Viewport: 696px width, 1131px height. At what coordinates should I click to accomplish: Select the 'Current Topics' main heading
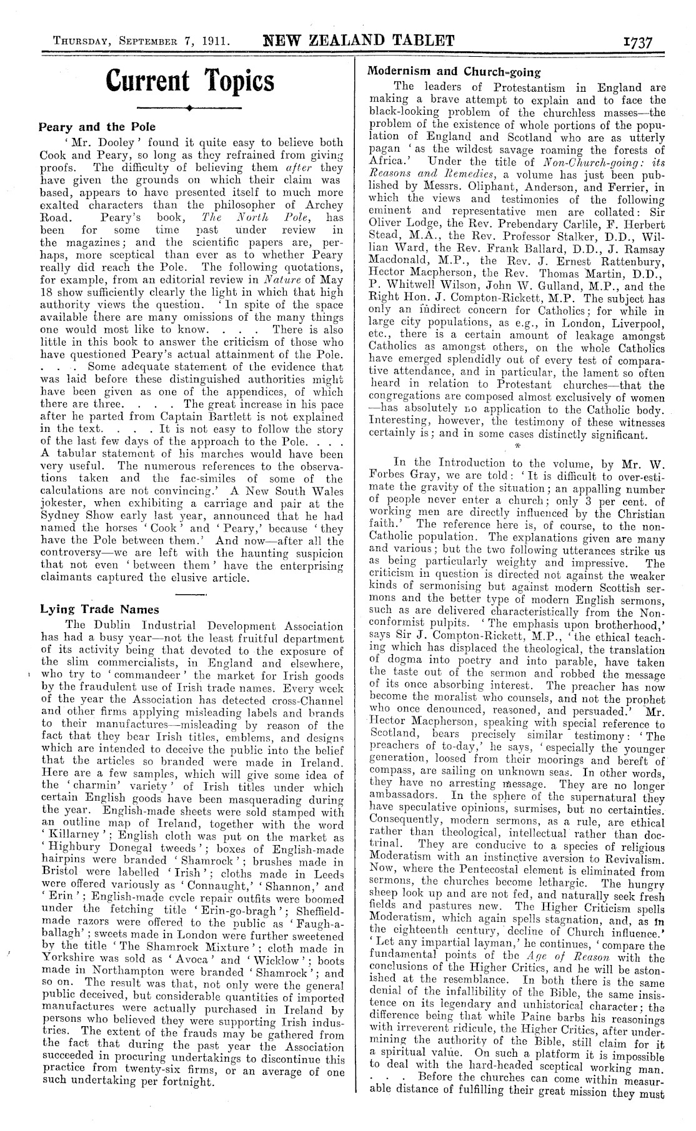pyautogui.click(x=190, y=81)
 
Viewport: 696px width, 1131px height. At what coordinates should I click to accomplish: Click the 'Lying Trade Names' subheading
pyautogui.click(x=99, y=609)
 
